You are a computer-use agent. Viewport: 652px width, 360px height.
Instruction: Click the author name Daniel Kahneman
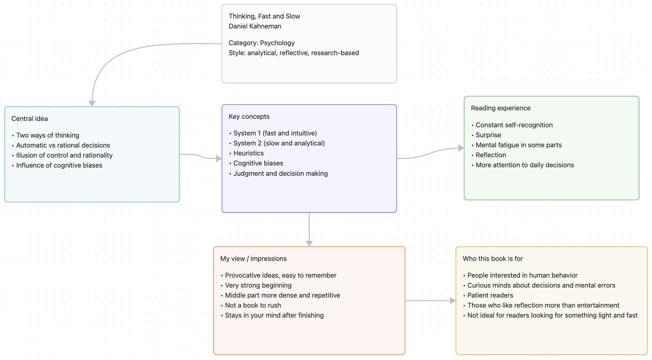pyautogui.click(x=255, y=26)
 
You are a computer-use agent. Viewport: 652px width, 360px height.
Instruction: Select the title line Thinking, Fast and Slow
pyautogui.click(x=264, y=16)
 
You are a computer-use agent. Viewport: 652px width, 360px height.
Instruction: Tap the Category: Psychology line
pyautogui.click(x=261, y=43)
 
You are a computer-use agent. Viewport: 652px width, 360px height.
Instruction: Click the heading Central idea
pyautogui.click(x=30, y=119)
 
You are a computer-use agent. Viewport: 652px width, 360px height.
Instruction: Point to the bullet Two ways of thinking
pyautogui.click(x=48, y=135)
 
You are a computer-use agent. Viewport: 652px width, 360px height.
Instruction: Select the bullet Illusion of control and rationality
pyautogui.click(x=64, y=155)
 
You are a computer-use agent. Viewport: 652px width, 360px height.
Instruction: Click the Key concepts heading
pyautogui.click(x=249, y=117)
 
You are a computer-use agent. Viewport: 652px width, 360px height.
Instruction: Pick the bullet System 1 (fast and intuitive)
pyautogui.click(x=275, y=133)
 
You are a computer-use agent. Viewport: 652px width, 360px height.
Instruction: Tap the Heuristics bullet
pyautogui.click(x=248, y=153)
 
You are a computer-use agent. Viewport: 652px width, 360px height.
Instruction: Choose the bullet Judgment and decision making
pyautogui.click(x=280, y=174)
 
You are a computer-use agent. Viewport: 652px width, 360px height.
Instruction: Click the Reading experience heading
pyautogui.click(x=501, y=108)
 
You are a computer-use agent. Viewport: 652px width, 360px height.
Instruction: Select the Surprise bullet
pyautogui.click(x=488, y=135)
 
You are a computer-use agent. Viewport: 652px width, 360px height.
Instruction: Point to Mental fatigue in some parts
pyautogui.click(x=518, y=145)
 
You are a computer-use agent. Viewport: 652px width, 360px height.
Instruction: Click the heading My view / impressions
pyautogui.click(x=253, y=259)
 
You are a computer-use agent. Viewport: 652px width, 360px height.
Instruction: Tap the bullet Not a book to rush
pyautogui.click(x=253, y=305)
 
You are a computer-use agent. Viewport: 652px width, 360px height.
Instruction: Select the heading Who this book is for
pyautogui.click(x=493, y=259)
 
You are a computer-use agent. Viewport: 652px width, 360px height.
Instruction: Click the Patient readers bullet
pyautogui.click(x=490, y=295)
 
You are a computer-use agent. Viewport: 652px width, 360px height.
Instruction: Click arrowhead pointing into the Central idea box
pyautogui.click(x=92, y=103)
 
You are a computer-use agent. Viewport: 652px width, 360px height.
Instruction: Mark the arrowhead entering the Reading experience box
pyautogui.click(x=461, y=148)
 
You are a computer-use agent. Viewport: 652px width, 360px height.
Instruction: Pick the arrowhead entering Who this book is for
pyautogui.click(x=453, y=301)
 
